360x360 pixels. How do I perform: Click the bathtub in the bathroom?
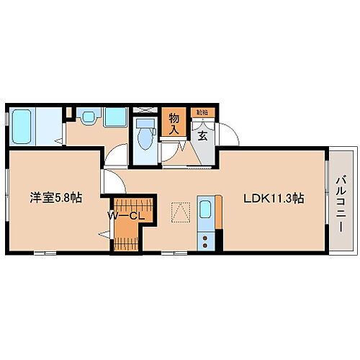coord(22,119)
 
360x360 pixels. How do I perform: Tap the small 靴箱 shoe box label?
coord(199,112)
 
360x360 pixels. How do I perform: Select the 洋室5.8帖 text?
coord(55,199)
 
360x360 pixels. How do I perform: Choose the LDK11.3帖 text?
coord(273,199)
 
